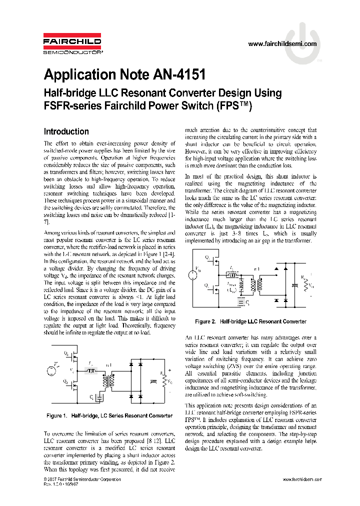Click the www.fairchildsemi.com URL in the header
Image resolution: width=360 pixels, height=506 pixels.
click(282, 44)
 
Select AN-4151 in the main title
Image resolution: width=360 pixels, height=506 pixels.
click(177, 74)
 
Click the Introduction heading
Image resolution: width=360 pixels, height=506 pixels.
click(66, 131)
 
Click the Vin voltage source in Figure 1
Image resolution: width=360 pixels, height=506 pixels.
click(50, 370)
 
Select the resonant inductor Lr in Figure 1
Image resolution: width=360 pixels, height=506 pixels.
click(91, 371)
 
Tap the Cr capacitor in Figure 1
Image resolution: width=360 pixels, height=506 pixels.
click(99, 397)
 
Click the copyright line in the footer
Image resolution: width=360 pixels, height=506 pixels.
click(82, 479)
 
